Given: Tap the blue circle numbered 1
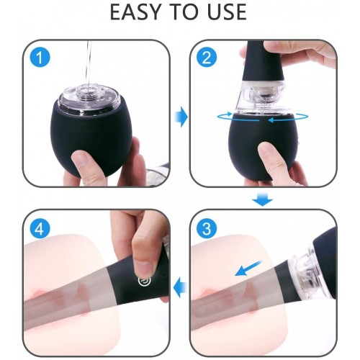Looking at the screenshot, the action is [x=40, y=58].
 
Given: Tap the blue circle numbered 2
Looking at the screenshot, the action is [x=207, y=58].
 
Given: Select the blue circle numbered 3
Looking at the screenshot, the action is [x=207, y=228].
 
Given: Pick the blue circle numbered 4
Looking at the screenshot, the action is [x=40, y=228].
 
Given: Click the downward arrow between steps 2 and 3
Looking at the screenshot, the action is [x=263, y=199].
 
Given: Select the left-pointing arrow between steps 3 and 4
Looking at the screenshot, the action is [x=180, y=287].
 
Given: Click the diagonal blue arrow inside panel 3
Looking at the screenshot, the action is [x=249, y=268].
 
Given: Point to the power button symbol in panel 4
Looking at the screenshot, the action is [x=145, y=281].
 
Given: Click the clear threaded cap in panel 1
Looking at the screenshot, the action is [x=89, y=99].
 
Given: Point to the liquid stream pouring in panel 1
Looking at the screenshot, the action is [x=89, y=66].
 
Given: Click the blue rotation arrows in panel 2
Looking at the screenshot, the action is [x=263, y=117].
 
